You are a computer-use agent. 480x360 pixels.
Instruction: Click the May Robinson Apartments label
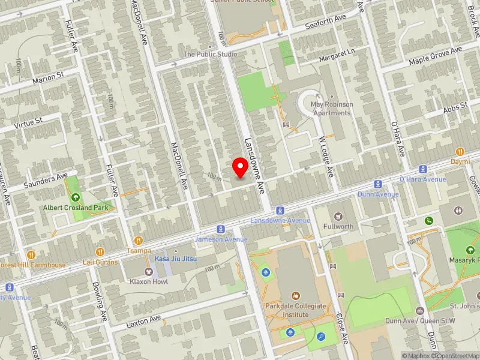[331, 109]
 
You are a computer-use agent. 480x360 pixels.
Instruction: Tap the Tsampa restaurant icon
[139, 241]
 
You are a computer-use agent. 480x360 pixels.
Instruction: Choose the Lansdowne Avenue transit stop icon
[280, 210]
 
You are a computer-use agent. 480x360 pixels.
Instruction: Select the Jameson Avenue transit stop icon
[221, 229]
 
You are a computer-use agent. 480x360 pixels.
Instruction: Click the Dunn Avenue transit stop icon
[378, 184]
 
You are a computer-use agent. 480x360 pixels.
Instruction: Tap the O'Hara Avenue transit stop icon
[423, 169]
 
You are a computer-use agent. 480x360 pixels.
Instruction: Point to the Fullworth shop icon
[338, 216]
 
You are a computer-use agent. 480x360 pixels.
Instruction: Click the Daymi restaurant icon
[460, 152]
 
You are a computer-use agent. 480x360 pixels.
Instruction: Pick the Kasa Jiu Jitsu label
[176, 259]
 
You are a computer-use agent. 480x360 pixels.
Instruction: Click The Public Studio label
[210, 54]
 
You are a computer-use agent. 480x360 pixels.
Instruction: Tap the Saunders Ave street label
[46, 178]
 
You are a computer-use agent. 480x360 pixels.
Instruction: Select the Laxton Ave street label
[144, 322]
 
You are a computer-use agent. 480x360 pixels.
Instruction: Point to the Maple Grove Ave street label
[436, 56]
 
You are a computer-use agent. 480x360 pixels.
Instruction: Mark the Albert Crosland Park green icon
[76, 197]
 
